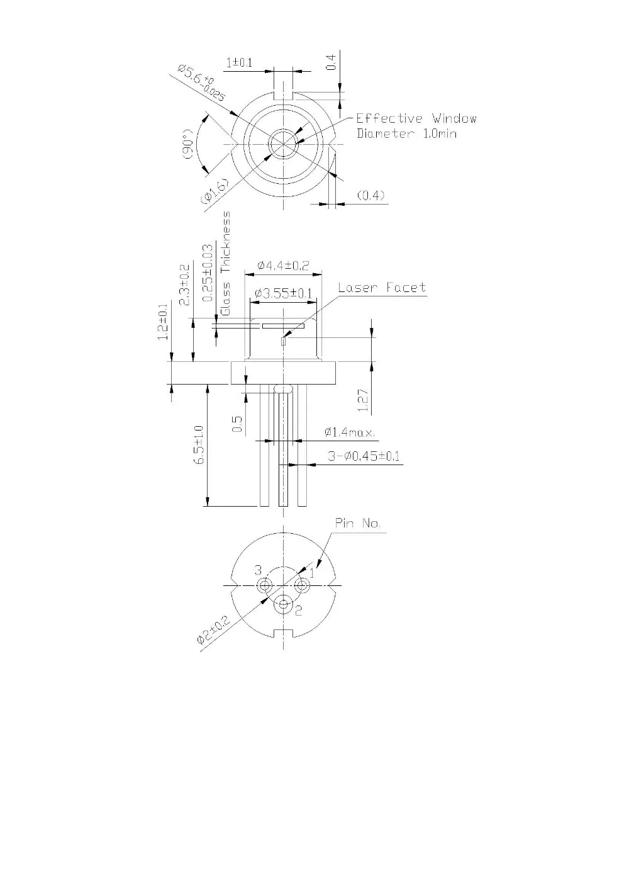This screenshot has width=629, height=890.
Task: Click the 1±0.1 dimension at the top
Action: [x=239, y=63]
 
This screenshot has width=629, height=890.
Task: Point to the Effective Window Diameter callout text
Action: [x=416, y=126]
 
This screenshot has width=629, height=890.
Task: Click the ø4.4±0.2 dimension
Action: [x=283, y=266]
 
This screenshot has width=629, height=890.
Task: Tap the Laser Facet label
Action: [x=382, y=288]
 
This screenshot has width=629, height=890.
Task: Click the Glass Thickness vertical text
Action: [x=226, y=263]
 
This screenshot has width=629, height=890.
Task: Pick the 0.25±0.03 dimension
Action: [x=208, y=274]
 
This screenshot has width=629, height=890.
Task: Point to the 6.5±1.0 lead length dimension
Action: [x=199, y=445]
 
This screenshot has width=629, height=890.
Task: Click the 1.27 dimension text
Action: [x=362, y=400]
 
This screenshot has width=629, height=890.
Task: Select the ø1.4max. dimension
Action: [x=349, y=432]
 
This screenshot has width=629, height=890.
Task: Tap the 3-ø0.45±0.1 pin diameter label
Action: [x=364, y=456]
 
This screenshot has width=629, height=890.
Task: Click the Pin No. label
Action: [x=357, y=523]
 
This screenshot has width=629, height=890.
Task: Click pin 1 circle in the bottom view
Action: [x=303, y=586]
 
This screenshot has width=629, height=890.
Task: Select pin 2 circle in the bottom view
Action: [x=284, y=605]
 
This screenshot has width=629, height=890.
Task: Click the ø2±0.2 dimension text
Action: [x=213, y=630]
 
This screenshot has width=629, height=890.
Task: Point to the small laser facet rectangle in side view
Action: [x=283, y=342]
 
